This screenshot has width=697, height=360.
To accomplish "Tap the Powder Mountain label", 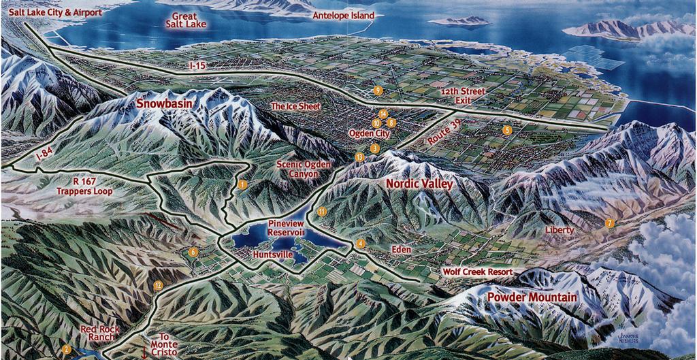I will click(x=532, y=297).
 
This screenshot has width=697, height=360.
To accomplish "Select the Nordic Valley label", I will click(x=419, y=184).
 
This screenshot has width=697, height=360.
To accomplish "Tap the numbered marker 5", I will click(x=506, y=129).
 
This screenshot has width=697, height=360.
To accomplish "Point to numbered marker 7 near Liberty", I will click(x=609, y=223).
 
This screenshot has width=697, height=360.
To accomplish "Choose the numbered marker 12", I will click(x=158, y=285).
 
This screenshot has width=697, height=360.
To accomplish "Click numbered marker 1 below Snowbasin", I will click(x=243, y=184).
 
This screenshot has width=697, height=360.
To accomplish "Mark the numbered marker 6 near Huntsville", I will click(x=193, y=252).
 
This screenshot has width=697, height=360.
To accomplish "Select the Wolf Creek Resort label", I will click(x=477, y=272).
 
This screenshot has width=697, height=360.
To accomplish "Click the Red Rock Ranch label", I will click(x=100, y=333).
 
